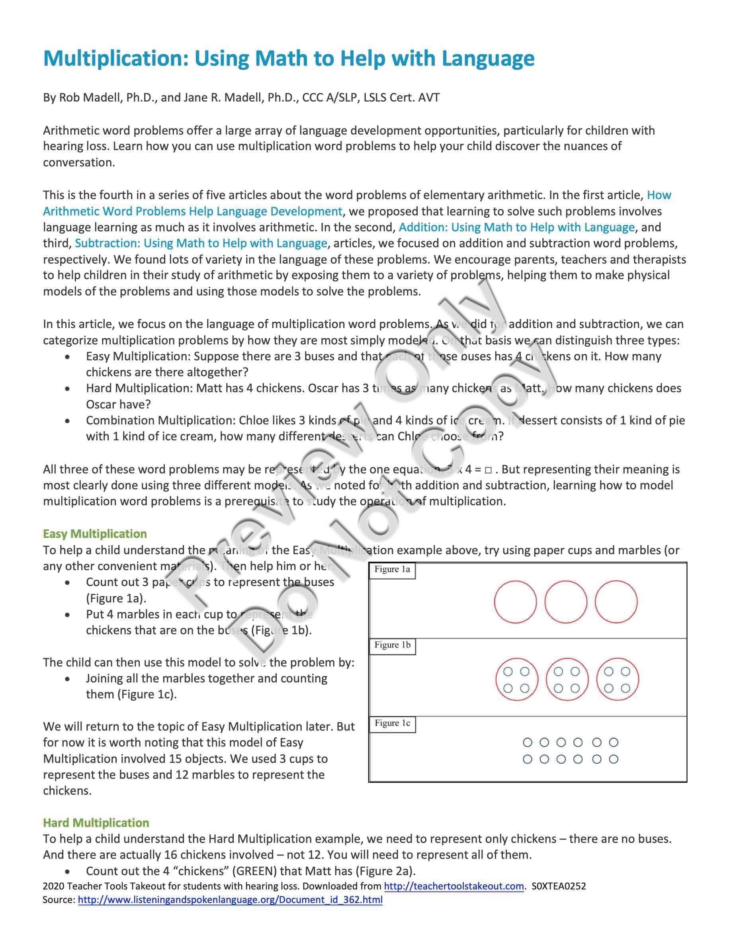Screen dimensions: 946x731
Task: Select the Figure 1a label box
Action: [392, 570]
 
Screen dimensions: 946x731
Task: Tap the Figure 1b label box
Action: [392, 645]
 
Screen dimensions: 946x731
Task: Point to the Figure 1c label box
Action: [392, 723]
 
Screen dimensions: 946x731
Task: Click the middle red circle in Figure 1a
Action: [566, 602]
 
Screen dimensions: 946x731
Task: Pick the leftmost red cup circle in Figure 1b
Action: [517, 679]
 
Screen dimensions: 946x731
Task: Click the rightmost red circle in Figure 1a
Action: [616, 602]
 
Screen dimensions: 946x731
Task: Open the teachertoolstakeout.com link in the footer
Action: [454, 886]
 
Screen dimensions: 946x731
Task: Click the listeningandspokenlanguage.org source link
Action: [230, 900]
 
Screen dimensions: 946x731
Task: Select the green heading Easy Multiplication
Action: [95, 534]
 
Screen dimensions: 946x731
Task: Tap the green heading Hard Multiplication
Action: [96, 823]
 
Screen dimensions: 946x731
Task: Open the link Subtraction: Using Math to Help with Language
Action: [201, 243]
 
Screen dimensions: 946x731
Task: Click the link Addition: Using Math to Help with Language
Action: [516, 227]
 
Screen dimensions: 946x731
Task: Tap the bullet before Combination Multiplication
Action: [67, 420]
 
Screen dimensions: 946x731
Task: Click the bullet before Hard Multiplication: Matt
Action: [67, 389]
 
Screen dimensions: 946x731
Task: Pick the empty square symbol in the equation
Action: [488, 470]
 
